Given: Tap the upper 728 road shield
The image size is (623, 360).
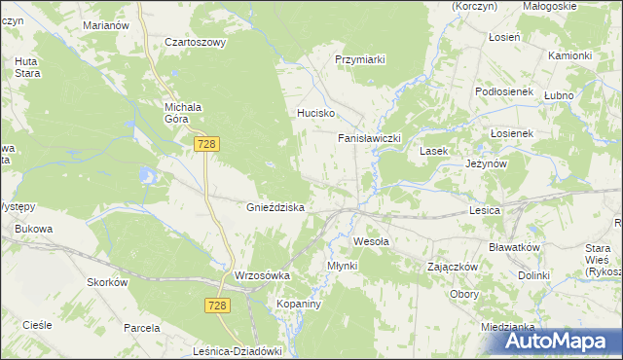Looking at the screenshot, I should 205,144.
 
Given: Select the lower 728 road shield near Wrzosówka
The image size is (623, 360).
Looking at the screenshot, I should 218,306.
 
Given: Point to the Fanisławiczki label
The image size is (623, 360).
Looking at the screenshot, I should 370,139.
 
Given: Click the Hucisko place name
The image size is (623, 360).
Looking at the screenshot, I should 316,113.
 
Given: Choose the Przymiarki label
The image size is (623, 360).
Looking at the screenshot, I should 360,59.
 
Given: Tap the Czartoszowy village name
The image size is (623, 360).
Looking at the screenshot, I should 195,43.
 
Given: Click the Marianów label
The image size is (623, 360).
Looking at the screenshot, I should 106,25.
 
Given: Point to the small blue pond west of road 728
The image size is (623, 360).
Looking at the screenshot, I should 147,176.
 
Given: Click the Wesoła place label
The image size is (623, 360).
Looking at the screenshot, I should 371,240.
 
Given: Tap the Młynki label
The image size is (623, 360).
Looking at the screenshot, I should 343,266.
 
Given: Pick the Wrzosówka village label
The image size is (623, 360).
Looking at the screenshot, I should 263,276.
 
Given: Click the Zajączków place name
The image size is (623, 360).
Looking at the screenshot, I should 452,267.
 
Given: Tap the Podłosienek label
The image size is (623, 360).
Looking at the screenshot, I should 506,90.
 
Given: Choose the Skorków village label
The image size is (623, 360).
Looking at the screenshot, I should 108,282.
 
